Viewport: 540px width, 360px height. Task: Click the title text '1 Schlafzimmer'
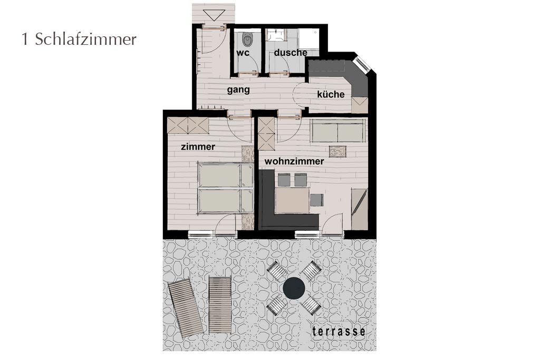pos(79,40)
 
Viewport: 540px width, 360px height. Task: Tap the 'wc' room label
pos(243,53)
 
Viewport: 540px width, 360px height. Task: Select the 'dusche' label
pos(291,53)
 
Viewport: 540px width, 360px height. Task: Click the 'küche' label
pos(331,94)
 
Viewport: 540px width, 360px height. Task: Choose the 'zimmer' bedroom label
pos(198,147)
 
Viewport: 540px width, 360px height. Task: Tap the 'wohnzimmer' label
pos(294,161)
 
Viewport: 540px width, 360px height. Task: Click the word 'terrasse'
pos(339,332)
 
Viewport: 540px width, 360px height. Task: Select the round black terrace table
pos(294,288)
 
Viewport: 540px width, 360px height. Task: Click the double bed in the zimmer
pos(226,188)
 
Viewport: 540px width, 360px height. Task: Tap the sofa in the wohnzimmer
pos(338,131)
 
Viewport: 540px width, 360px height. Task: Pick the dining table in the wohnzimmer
pos(292,199)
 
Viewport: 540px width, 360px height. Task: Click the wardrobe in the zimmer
pos(188,125)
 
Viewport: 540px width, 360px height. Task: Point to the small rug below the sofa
pos(337,151)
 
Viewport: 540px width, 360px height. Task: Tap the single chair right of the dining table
pos(317,200)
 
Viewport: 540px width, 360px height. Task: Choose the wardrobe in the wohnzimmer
pos(266,133)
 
